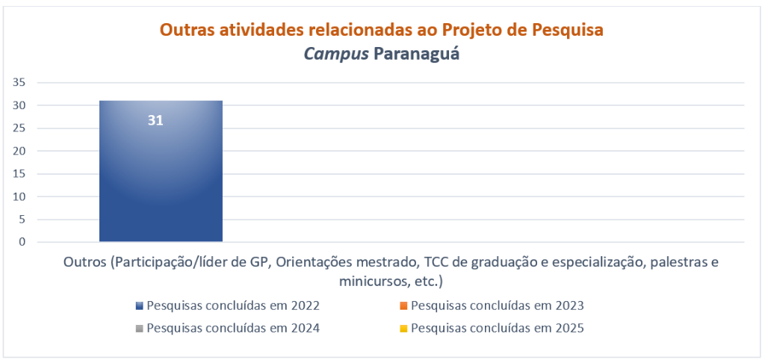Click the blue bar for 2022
161,171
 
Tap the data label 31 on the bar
155,120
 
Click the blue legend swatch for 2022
140,306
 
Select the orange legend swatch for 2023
403,306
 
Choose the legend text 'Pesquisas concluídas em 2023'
498,306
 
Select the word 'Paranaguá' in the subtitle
417,54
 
